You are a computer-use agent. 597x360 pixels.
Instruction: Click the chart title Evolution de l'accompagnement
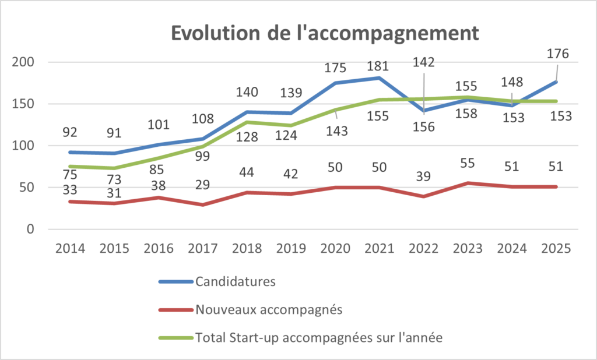[x=324, y=33]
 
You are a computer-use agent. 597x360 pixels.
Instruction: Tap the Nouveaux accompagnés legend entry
[x=268, y=309]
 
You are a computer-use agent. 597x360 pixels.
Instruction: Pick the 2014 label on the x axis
[x=70, y=248]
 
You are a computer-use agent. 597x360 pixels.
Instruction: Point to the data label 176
[x=558, y=54]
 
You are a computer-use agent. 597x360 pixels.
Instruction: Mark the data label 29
[x=202, y=185]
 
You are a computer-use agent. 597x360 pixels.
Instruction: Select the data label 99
[x=202, y=154]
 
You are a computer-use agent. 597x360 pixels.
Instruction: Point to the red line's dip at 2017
[x=203, y=204]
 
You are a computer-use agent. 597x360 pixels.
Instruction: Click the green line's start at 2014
[x=70, y=166]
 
